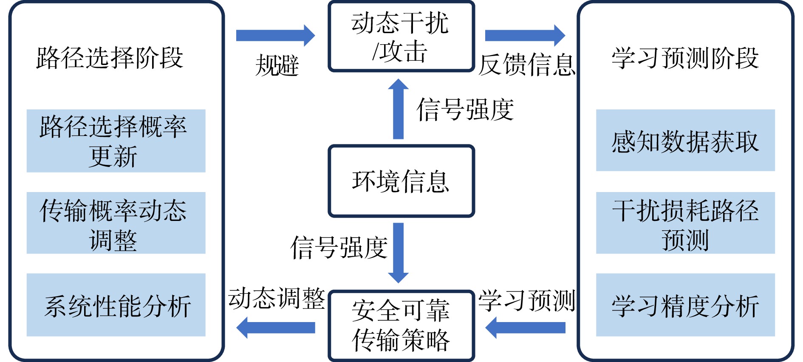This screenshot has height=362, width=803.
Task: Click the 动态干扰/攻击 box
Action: point(401,36)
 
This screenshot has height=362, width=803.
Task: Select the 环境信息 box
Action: point(401,181)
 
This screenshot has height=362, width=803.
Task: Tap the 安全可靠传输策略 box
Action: point(401,325)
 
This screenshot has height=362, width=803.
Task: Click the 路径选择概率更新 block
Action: point(116,141)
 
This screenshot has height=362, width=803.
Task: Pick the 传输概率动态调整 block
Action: point(116,223)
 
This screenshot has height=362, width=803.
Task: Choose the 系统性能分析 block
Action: point(116,305)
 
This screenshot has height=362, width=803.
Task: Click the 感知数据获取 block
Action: point(685,140)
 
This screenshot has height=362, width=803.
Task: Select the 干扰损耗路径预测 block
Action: point(685,223)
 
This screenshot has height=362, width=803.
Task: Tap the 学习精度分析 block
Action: point(685,305)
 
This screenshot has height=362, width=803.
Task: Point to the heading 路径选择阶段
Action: point(110,58)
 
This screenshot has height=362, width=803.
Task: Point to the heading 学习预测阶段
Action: point(685,58)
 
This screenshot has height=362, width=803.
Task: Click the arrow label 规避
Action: point(277,65)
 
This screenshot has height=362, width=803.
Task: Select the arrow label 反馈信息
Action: point(527,65)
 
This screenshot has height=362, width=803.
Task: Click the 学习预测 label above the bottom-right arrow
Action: point(527,300)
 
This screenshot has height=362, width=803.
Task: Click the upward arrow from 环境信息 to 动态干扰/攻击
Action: point(398,109)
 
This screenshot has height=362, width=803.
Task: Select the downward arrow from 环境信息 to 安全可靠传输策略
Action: point(398,253)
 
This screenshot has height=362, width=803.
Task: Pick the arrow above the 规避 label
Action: point(275,35)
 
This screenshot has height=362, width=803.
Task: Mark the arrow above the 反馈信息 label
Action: point(525,35)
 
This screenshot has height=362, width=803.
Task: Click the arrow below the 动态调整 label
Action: point(276,328)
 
